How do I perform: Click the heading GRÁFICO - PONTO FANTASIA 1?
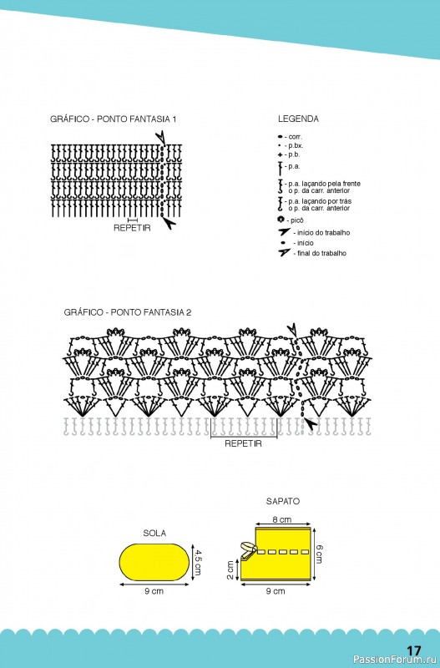point(113,119)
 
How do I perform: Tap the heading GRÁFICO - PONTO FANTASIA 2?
point(128,312)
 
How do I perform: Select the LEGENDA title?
point(298,119)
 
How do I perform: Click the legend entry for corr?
point(290,137)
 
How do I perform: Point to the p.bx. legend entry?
point(291,145)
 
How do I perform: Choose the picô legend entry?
point(291,220)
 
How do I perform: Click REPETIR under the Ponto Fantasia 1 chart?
point(132,228)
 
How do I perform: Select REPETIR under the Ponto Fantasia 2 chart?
point(243,443)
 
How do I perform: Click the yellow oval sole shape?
point(154,561)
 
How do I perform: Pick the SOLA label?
point(154,534)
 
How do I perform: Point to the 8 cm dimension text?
point(282,519)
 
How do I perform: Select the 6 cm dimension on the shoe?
point(319,554)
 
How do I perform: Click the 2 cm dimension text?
point(230,570)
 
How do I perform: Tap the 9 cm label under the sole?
point(154,591)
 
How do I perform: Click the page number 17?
point(412,651)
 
